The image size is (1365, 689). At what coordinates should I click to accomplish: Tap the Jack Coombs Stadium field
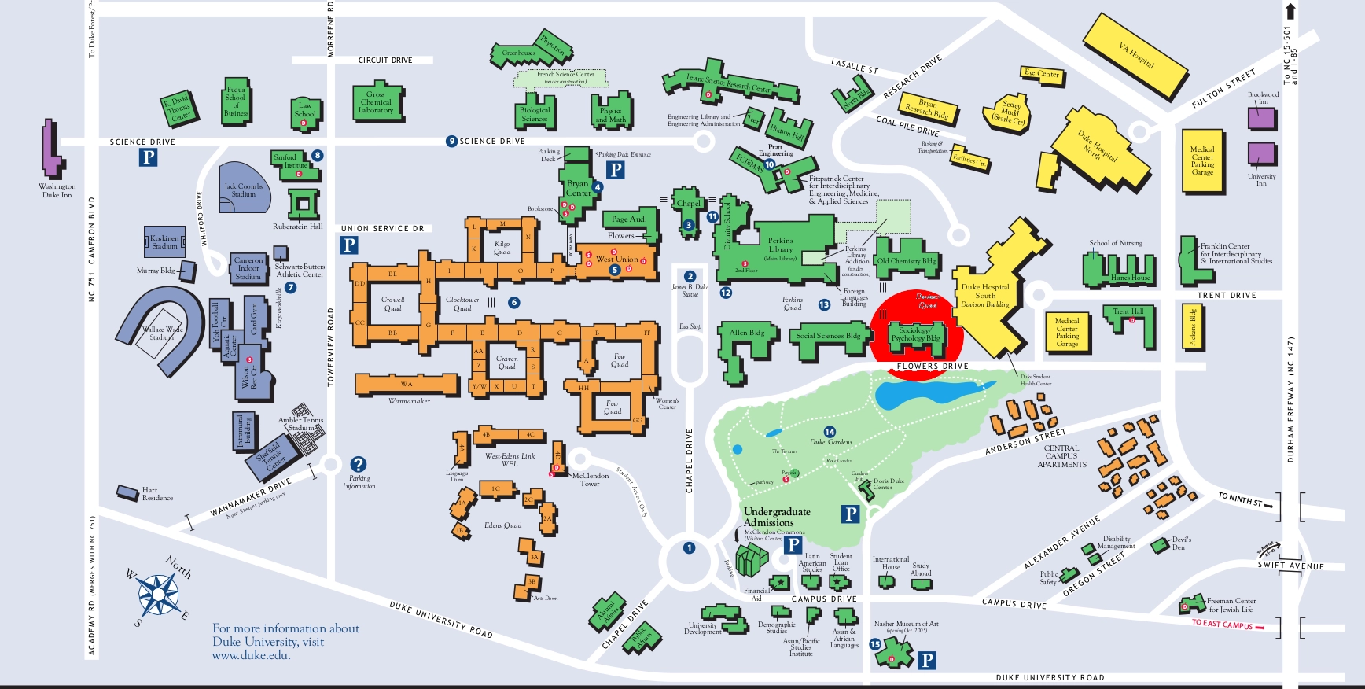click(x=243, y=187)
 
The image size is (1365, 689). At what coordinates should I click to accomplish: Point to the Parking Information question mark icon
click(x=359, y=464)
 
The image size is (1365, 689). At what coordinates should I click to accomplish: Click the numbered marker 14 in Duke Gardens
click(x=830, y=432)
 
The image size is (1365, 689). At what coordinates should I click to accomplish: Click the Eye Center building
click(x=1042, y=74)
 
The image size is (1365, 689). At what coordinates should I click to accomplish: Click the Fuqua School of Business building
click(x=236, y=101)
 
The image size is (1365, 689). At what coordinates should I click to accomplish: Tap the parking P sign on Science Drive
click(x=148, y=158)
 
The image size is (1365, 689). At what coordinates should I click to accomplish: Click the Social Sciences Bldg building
click(x=827, y=337)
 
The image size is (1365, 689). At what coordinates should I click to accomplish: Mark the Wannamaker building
click(x=407, y=385)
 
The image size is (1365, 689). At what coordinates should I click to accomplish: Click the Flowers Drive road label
click(x=933, y=367)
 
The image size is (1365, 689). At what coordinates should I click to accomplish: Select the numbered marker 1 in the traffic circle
click(x=690, y=548)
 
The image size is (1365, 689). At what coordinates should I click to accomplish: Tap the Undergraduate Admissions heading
click(x=776, y=517)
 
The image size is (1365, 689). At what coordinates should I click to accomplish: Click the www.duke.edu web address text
click(x=251, y=655)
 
